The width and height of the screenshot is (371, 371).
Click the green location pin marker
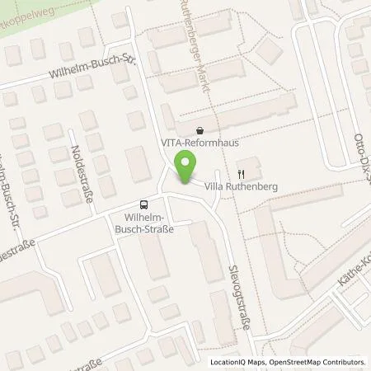click(187, 168)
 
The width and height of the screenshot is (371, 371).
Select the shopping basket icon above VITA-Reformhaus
click(200, 129)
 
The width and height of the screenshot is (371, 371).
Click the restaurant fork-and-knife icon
click(241, 174)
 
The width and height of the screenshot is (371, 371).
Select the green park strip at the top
click(99, 12)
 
